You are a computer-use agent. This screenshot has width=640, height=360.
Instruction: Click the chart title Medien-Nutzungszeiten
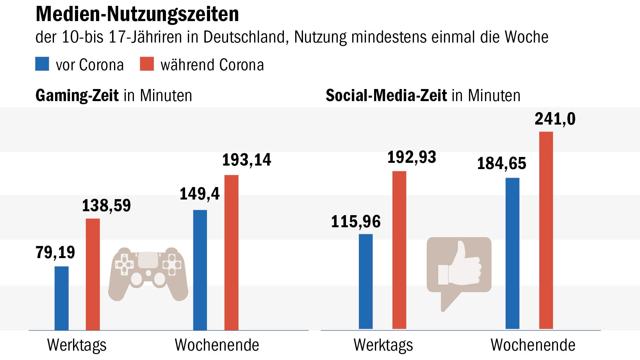pos(137,14)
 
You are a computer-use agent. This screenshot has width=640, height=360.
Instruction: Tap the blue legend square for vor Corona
pos(42,64)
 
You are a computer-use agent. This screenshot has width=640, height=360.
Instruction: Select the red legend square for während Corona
pos(147,64)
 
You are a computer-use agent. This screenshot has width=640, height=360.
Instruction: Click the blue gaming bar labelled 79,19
pos(61,298)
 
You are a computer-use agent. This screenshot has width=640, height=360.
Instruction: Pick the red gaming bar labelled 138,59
pos(93,274)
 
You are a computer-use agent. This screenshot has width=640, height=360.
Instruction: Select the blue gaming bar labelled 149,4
pos(200,270)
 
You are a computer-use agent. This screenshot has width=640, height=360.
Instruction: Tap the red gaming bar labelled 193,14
pos(231,252)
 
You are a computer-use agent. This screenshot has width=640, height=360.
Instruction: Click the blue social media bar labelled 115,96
pos(365,281)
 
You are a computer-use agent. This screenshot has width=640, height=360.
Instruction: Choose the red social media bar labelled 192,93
pos(399,250)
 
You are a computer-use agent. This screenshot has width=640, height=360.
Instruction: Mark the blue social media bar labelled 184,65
pos(512,253)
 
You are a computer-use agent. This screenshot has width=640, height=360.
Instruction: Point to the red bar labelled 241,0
pos(546,230)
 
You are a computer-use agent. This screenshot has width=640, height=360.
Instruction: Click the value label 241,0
pos(555,119)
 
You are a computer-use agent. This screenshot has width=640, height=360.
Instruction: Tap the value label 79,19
pos(55,253)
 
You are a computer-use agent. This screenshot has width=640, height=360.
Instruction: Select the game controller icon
pos(148,273)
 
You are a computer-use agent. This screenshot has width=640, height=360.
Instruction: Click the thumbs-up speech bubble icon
pos(459,269)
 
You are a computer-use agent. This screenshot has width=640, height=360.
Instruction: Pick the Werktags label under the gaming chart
pos(77,345)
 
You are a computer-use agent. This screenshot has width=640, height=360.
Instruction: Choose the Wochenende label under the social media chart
pos(533,345)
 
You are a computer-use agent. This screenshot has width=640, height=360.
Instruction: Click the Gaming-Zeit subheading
pos(77,96)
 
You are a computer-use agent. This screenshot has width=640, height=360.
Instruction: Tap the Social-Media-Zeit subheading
pos(386,96)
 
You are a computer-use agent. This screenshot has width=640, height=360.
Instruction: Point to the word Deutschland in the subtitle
pos(246,37)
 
